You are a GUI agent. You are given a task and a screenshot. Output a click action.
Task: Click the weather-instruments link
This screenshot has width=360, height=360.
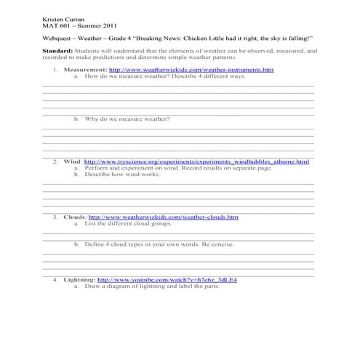pyautogui.click(x=191, y=69)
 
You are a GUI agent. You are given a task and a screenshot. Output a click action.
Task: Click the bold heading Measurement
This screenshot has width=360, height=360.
pyautogui.click(x=85, y=69)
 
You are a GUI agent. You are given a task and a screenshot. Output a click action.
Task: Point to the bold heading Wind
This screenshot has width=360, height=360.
pyautogui.click(x=72, y=161)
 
